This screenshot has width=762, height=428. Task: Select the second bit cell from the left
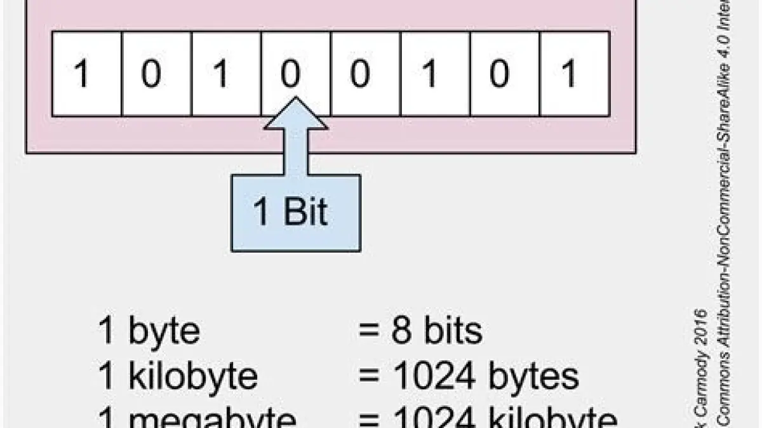156,74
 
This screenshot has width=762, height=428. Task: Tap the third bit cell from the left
225,74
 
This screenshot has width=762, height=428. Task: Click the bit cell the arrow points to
295,74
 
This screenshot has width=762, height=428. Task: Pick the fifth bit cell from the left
365,74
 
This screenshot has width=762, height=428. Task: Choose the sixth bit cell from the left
435,74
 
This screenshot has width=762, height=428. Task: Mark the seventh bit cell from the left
505,74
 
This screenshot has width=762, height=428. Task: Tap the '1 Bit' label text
291,211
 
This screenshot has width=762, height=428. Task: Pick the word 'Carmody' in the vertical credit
700,387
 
